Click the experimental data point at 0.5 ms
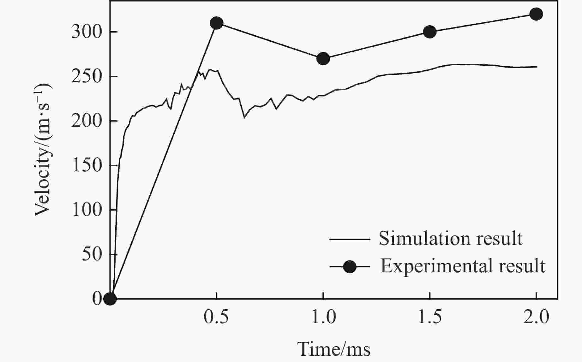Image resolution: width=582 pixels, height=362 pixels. (x=217, y=23)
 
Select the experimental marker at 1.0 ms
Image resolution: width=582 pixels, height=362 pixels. (x=323, y=59)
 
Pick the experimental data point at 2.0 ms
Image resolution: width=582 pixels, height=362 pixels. (x=536, y=14)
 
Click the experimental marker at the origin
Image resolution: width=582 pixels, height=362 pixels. (x=110, y=299)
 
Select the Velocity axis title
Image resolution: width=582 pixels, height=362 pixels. (x=43, y=150)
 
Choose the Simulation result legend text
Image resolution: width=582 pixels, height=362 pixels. (x=451, y=238)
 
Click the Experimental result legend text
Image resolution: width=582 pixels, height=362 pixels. (x=463, y=266)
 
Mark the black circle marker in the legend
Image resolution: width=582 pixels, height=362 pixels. (x=350, y=267)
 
